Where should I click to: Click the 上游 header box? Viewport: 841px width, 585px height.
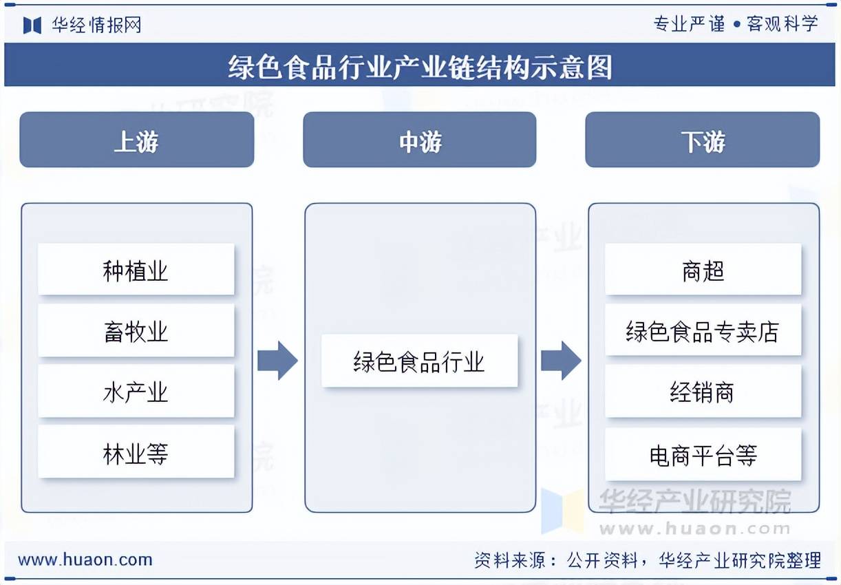[136, 140]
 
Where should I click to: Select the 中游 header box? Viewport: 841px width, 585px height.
[419, 140]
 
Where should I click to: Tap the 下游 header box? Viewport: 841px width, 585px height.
[702, 140]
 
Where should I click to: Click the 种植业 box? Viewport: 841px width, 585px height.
[136, 270]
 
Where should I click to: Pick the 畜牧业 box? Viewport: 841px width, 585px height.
[136, 331]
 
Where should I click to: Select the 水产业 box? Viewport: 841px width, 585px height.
[136, 392]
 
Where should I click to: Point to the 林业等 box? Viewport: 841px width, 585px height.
[136, 453]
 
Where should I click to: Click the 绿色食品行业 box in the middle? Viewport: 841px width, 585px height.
[419, 361]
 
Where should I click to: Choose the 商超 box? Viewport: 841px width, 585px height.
[703, 270]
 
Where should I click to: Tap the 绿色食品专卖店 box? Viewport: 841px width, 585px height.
[703, 331]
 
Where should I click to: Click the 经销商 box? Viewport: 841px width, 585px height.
[703, 392]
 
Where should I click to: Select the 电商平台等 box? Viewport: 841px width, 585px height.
[703, 454]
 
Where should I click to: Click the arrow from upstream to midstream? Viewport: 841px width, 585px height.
[277, 360]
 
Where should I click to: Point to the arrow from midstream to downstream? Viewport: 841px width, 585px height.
[561, 360]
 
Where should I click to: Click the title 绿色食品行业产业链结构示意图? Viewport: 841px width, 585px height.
[420, 67]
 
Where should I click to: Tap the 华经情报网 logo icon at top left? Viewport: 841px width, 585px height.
[32, 25]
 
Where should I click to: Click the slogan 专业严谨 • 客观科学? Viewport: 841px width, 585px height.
[736, 24]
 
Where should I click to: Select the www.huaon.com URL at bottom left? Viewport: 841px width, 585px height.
[85, 560]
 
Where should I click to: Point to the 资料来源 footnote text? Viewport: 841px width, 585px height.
[647, 560]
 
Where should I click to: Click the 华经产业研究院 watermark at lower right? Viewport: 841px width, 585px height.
[695, 502]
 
